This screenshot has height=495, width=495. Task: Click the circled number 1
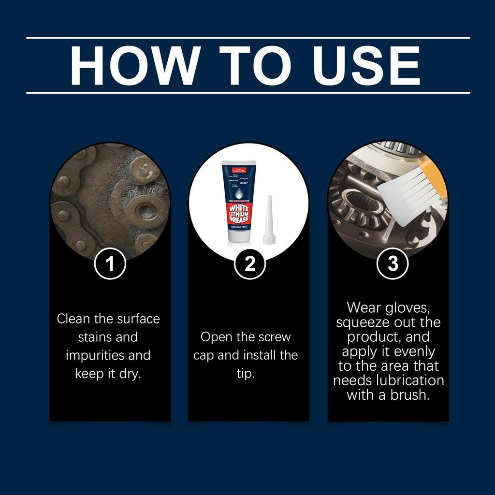pos(110,264)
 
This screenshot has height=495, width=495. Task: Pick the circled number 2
pos(249,264)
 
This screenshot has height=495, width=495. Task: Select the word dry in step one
pos(130,374)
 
